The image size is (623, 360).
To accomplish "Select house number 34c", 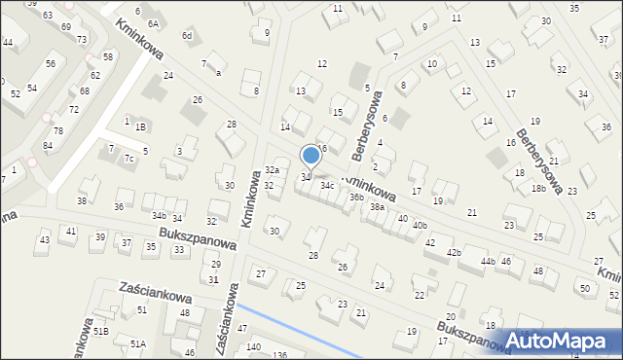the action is tap(328, 185).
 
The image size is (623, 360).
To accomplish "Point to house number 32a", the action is tap(273, 169).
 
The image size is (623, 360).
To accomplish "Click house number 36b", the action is tap(357, 198).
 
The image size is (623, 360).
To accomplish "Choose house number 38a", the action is tap(377, 207).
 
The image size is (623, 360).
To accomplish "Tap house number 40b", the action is tap(420, 226).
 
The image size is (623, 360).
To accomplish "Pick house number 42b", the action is tap(454, 253).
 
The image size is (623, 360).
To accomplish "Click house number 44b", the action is tap(488, 262).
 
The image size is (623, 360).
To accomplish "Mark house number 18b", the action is tap(538, 189).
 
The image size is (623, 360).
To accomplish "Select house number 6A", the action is tap(153, 22).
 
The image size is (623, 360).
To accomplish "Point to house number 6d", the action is tap(187, 36).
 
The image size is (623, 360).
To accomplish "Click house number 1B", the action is tap(141, 126).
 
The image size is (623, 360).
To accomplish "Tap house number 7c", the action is tap(128, 158).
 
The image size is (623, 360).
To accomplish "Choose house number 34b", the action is tap(160, 215).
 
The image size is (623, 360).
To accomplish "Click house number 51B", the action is tap(100, 331).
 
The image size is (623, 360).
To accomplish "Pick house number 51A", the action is tap(139, 343).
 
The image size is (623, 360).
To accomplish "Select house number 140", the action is tap(253, 347).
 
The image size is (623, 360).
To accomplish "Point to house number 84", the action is tap(48, 146).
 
